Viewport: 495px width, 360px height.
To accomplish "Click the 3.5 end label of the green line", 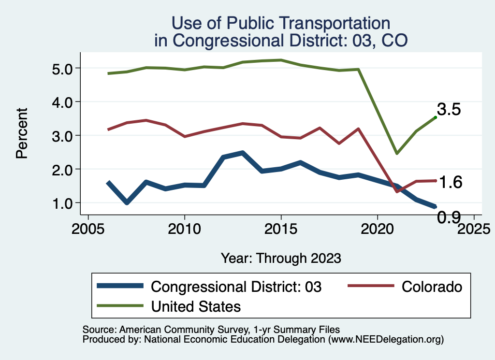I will tap(449, 109).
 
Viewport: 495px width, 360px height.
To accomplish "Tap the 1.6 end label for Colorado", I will tap(451, 182).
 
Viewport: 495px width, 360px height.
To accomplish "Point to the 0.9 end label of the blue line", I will tap(449, 218).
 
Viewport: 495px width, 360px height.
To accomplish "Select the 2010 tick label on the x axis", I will tap(184, 229).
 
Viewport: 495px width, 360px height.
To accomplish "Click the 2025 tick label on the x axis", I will tap(474, 229).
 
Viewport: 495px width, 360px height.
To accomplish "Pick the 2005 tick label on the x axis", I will tap(88, 229).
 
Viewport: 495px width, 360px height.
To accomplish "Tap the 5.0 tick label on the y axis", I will tap(62, 68).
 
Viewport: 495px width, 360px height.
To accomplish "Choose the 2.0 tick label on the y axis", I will tap(62, 170).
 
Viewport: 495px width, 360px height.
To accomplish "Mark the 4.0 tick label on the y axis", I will tap(62, 102).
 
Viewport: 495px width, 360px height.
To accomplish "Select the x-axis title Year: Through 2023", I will tap(281, 258).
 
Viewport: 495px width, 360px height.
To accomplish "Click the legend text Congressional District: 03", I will tap(236, 287).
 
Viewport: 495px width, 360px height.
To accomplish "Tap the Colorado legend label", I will tap(432, 287).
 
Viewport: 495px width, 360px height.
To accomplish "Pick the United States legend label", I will tap(196, 306).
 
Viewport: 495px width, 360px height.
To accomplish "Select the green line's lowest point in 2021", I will tap(396, 153).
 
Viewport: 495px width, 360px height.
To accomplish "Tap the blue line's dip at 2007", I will tap(127, 202).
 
